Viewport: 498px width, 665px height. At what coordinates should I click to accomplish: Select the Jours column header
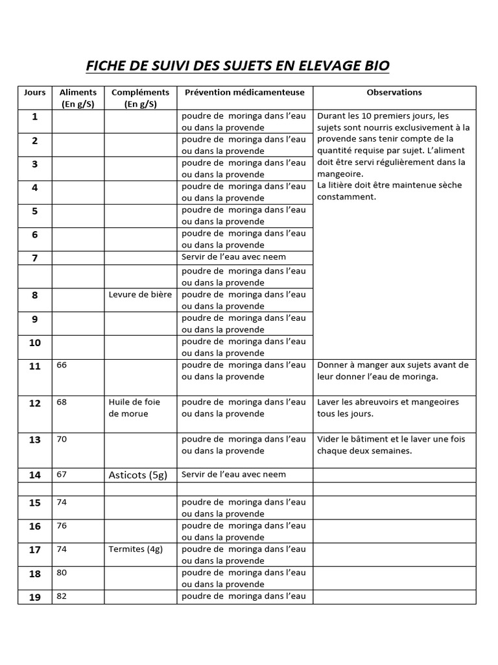coord(35,92)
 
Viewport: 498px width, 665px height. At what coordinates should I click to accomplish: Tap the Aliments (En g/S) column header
coord(78,98)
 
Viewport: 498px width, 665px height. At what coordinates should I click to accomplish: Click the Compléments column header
coord(140,98)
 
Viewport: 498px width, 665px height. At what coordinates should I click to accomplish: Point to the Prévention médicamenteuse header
coord(244,92)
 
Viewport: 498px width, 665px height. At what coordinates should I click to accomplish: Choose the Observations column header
coord(394,92)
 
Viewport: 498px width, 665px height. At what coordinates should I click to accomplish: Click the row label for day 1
coord(35,117)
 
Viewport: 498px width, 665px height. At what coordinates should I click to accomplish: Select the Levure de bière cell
coord(140,295)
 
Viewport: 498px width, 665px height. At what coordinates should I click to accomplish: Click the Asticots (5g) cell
coord(137,475)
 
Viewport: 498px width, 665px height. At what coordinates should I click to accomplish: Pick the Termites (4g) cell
coord(136,549)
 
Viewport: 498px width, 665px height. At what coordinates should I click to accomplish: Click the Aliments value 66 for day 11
coord(62,365)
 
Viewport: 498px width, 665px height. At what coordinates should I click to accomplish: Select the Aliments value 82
coord(62,596)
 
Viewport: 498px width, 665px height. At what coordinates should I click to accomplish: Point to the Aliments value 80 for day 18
coord(62,573)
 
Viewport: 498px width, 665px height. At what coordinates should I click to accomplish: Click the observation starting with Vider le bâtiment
coord(391,445)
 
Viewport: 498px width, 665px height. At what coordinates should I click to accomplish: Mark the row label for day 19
coord(35,597)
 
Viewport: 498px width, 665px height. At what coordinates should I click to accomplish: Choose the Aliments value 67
coord(62,474)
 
